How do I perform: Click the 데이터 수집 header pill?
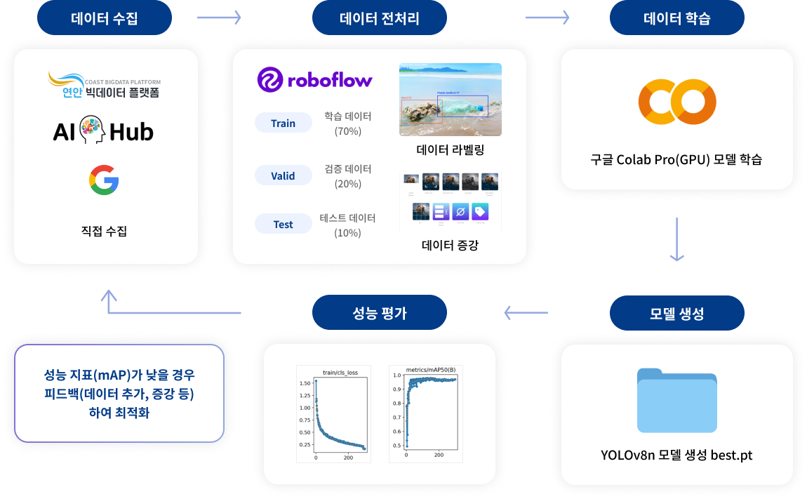[x=105, y=18]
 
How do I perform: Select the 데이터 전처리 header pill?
[x=380, y=18]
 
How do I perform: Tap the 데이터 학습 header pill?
[x=677, y=18]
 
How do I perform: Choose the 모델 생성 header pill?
[x=677, y=313]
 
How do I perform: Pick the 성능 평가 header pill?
[x=380, y=313]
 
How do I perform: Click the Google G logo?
[x=104, y=180]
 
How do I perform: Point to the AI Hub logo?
[x=103, y=131]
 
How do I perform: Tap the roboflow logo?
[x=315, y=80]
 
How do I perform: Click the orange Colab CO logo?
[x=677, y=102]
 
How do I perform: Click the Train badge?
[x=284, y=124]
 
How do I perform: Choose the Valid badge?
[x=284, y=176]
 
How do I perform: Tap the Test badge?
[x=284, y=225]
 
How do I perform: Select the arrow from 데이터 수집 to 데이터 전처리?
[x=219, y=17]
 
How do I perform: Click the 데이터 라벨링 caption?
[x=451, y=150]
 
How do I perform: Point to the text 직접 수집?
[x=104, y=231]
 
